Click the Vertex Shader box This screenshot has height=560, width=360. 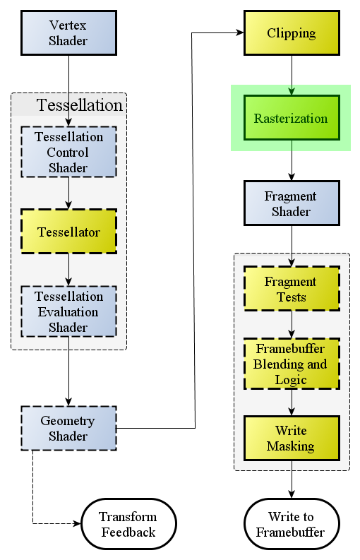click(x=69, y=33)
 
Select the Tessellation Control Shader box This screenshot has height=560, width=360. click(x=69, y=152)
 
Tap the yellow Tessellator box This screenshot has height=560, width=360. click(x=69, y=232)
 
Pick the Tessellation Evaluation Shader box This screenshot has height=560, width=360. click(x=69, y=311)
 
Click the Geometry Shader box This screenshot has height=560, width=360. click(x=69, y=428)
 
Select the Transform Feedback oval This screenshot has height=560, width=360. click(x=129, y=524)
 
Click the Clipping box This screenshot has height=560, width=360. click(x=292, y=33)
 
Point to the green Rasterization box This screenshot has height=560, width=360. click(x=292, y=117)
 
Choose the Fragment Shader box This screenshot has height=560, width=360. click(x=292, y=203)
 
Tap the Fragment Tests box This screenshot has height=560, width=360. click(x=292, y=289)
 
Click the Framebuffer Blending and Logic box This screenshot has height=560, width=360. click(x=292, y=364)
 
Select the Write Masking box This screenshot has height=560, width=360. click(x=292, y=439)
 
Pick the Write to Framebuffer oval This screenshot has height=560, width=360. click(x=292, y=524)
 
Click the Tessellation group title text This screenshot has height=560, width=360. click(x=80, y=105)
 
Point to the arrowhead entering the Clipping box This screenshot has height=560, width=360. click(x=240, y=33)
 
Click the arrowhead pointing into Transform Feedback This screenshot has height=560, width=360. click(x=77, y=524)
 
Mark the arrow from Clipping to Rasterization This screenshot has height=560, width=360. click(x=292, y=75)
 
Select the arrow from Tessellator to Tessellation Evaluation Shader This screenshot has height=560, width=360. click(x=69, y=270)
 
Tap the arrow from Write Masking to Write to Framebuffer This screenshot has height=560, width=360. click(x=292, y=479)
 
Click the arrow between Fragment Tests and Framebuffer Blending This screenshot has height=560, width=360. click(x=292, y=324)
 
